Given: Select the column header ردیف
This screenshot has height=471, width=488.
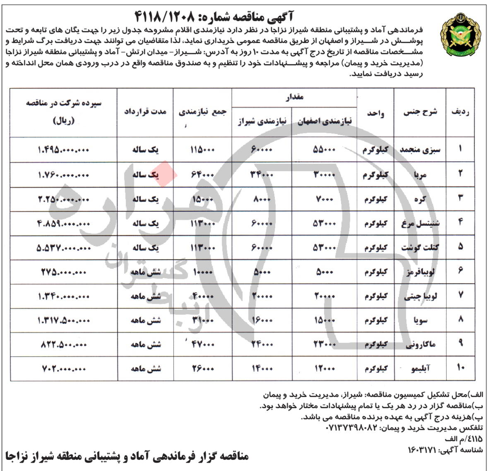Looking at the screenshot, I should pos(461,112).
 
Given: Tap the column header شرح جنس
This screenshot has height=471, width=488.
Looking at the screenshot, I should pos(420,112).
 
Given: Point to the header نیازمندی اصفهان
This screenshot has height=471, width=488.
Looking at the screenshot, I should pos(325,121).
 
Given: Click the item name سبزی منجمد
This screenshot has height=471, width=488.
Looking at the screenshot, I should pos(420,150).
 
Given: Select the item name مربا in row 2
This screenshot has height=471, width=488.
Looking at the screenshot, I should pos(420,175).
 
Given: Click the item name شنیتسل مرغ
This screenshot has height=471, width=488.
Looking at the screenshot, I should pos(420,223).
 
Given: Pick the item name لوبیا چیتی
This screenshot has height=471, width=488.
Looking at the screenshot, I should pos(420,296).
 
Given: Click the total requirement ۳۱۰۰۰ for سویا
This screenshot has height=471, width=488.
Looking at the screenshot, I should pos(202,320).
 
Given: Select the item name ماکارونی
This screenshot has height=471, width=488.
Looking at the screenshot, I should pos(420,344).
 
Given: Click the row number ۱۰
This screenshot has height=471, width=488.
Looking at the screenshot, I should pos(461,368).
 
